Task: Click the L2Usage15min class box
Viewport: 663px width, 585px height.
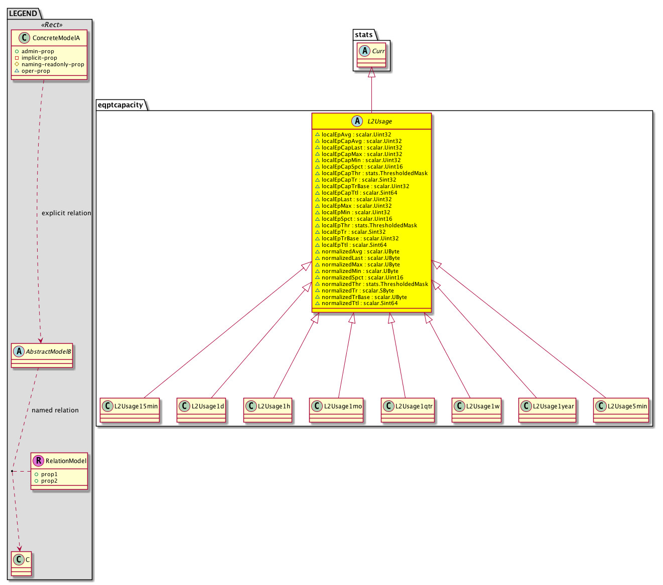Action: (129, 410)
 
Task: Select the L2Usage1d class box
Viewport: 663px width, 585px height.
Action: (201, 410)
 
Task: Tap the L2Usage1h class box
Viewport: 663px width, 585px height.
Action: (268, 410)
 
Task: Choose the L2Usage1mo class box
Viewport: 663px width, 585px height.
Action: (336, 410)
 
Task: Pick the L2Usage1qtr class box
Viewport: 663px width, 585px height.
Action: (408, 410)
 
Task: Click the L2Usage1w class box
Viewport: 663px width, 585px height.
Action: (476, 410)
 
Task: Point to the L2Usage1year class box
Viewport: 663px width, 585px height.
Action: (547, 410)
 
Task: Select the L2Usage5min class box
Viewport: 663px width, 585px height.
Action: (621, 410)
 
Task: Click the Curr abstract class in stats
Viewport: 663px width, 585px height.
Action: (371, 55)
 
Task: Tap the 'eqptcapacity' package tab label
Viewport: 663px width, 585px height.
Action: (120, 105)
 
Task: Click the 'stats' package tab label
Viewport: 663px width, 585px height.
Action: (363, 34)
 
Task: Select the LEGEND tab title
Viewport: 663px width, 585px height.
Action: (23, 14)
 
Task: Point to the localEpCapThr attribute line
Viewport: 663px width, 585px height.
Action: (371, 173)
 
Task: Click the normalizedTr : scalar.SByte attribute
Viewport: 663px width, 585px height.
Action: (354, 290)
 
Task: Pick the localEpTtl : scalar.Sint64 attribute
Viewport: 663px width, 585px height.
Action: (350, 245)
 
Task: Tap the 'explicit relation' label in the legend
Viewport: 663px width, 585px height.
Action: (66, 213)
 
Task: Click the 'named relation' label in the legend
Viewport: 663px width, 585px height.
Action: (55, 410)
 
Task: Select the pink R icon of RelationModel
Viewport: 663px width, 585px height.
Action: (38, 461)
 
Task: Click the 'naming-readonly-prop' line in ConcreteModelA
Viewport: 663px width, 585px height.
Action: (49, 64)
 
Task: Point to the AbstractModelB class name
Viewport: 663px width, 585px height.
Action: (48, 351)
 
